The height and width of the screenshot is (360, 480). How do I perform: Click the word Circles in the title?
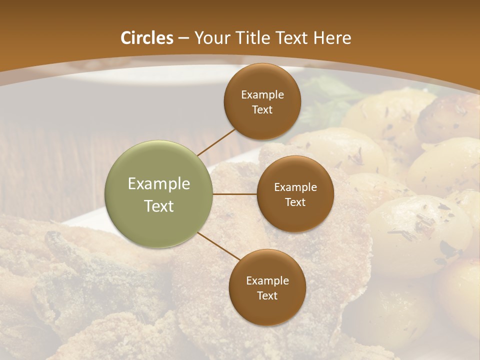(x=147, y=38)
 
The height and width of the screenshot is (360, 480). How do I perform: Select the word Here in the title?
(x=332, y=38)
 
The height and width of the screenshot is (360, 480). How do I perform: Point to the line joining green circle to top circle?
(x=216, y=141)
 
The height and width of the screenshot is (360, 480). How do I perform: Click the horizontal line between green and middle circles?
(x=235, y=194)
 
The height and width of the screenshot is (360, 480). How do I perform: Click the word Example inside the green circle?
(x=158, y=183)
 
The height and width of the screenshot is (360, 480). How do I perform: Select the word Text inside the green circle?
(x=158, y=206)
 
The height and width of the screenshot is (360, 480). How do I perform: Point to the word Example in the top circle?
(x=262, y=94)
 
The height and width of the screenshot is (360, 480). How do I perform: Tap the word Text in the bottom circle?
(x=267, y=295)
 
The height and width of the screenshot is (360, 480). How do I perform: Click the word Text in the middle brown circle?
(x=295, y=202)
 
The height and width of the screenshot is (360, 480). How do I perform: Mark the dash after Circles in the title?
(x=183, y=38)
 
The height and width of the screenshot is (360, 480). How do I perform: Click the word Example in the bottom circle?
(x=267, y=280)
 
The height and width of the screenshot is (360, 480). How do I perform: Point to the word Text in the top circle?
(x=262, y=109)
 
